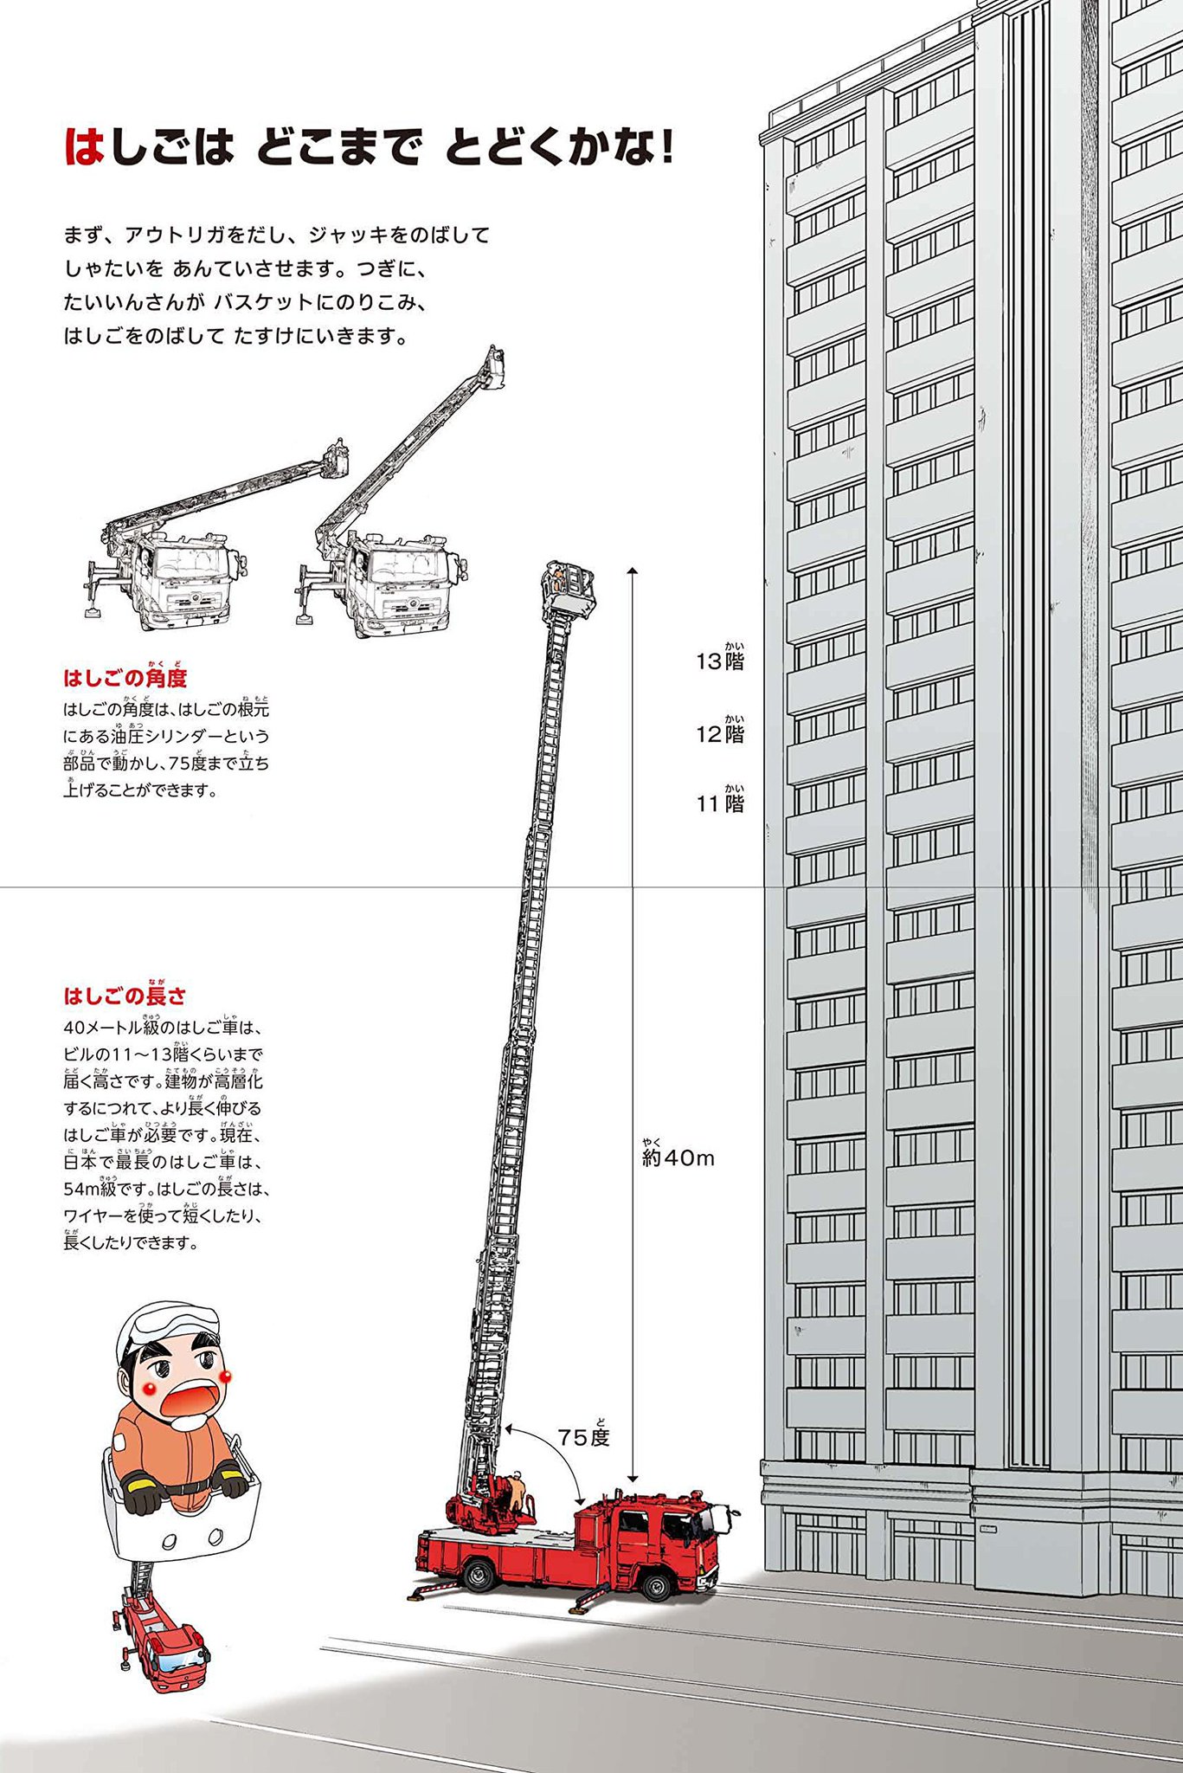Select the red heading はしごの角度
tap(125, 678)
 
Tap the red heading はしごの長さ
tap(125, 996)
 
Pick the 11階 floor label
tap(720, 804)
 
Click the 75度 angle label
tap(584, 1438)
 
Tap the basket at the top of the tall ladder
tap(569, 588)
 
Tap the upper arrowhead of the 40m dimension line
tap(633, 571)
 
